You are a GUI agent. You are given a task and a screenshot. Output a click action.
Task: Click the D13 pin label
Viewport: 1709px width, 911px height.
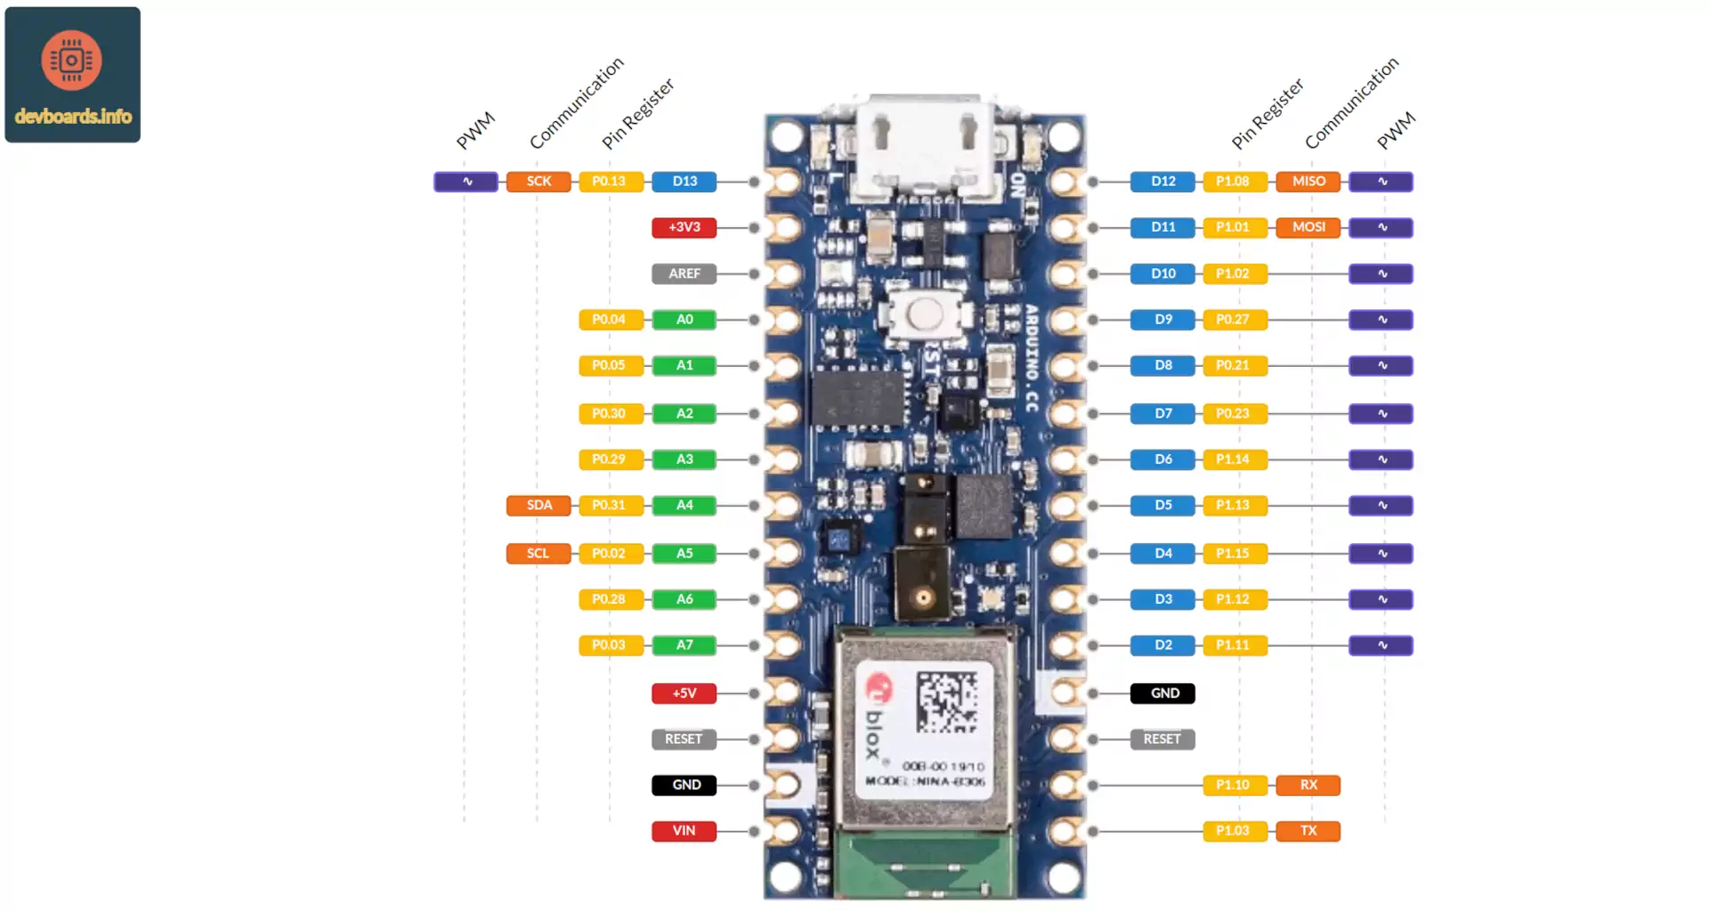[684, 182]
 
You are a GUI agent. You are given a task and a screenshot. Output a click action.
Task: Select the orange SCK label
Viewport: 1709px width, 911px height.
[539, 182]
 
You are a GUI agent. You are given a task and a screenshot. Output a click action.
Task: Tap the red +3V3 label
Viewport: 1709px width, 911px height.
[684, 227]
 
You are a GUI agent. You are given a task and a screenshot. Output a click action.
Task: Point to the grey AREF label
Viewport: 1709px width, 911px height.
[684, 273]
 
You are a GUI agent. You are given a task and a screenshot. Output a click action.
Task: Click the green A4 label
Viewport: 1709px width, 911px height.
[684, 505]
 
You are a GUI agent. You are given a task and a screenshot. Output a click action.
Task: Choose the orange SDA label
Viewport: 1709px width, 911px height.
[539, 505]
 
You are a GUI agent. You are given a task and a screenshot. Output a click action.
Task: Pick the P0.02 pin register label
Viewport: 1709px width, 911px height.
[610, 553]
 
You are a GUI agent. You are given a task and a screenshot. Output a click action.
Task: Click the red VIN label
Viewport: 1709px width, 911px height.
[684, 831]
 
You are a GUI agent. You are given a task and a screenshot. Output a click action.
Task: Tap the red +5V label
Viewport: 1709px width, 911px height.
[684, 693]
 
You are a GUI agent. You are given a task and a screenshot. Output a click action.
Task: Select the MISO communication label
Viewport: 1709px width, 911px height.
[1308, 182]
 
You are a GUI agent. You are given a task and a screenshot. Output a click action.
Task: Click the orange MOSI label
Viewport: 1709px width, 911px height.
[1308, 227]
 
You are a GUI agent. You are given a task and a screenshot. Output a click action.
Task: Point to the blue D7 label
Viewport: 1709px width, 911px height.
[1162, 413]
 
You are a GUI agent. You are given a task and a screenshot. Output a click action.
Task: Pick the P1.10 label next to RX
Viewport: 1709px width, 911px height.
[1234, 785]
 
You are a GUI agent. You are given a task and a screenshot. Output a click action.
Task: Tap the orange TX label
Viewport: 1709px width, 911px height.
[1308, 831]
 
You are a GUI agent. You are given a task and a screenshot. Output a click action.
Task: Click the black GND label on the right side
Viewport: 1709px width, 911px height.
[1162, 693]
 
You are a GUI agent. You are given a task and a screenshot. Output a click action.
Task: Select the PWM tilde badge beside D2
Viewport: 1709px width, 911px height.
[1381, 645]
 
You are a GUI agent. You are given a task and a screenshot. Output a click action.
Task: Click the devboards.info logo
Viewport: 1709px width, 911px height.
[73, 75]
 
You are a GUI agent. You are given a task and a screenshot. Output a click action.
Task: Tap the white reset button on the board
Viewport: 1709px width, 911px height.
[926, 313]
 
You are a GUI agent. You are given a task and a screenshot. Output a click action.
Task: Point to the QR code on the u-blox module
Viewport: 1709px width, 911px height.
[946, 701]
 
